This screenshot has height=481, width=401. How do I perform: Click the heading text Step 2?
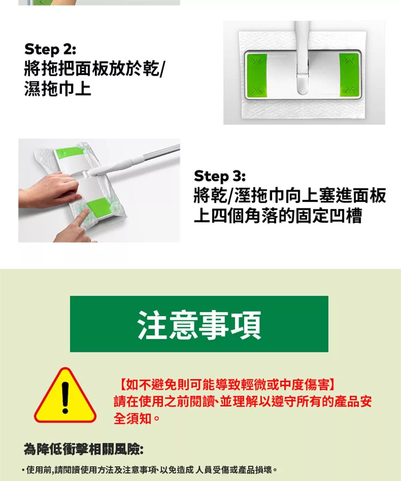click(x=50, y=50)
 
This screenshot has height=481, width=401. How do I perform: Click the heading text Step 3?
click(x=220, y=176)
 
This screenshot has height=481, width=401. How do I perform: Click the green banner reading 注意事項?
click(x=199, y=324)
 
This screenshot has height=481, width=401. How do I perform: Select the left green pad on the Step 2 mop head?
click(x=257, y=75)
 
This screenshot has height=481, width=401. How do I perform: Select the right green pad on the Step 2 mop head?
click(x=349, y=75)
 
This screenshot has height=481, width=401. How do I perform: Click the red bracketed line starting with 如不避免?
click(x=227, y=384)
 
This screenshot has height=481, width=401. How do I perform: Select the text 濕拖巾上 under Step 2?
click(x=57, y=89)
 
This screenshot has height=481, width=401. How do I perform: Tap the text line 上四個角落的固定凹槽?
click(x=278, y=216)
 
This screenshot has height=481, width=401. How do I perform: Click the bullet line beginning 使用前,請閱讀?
click(x=150, y=470)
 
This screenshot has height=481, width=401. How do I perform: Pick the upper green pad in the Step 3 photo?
click(x=67, y=152)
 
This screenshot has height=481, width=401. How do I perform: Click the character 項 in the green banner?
click(x=246, y=325)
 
